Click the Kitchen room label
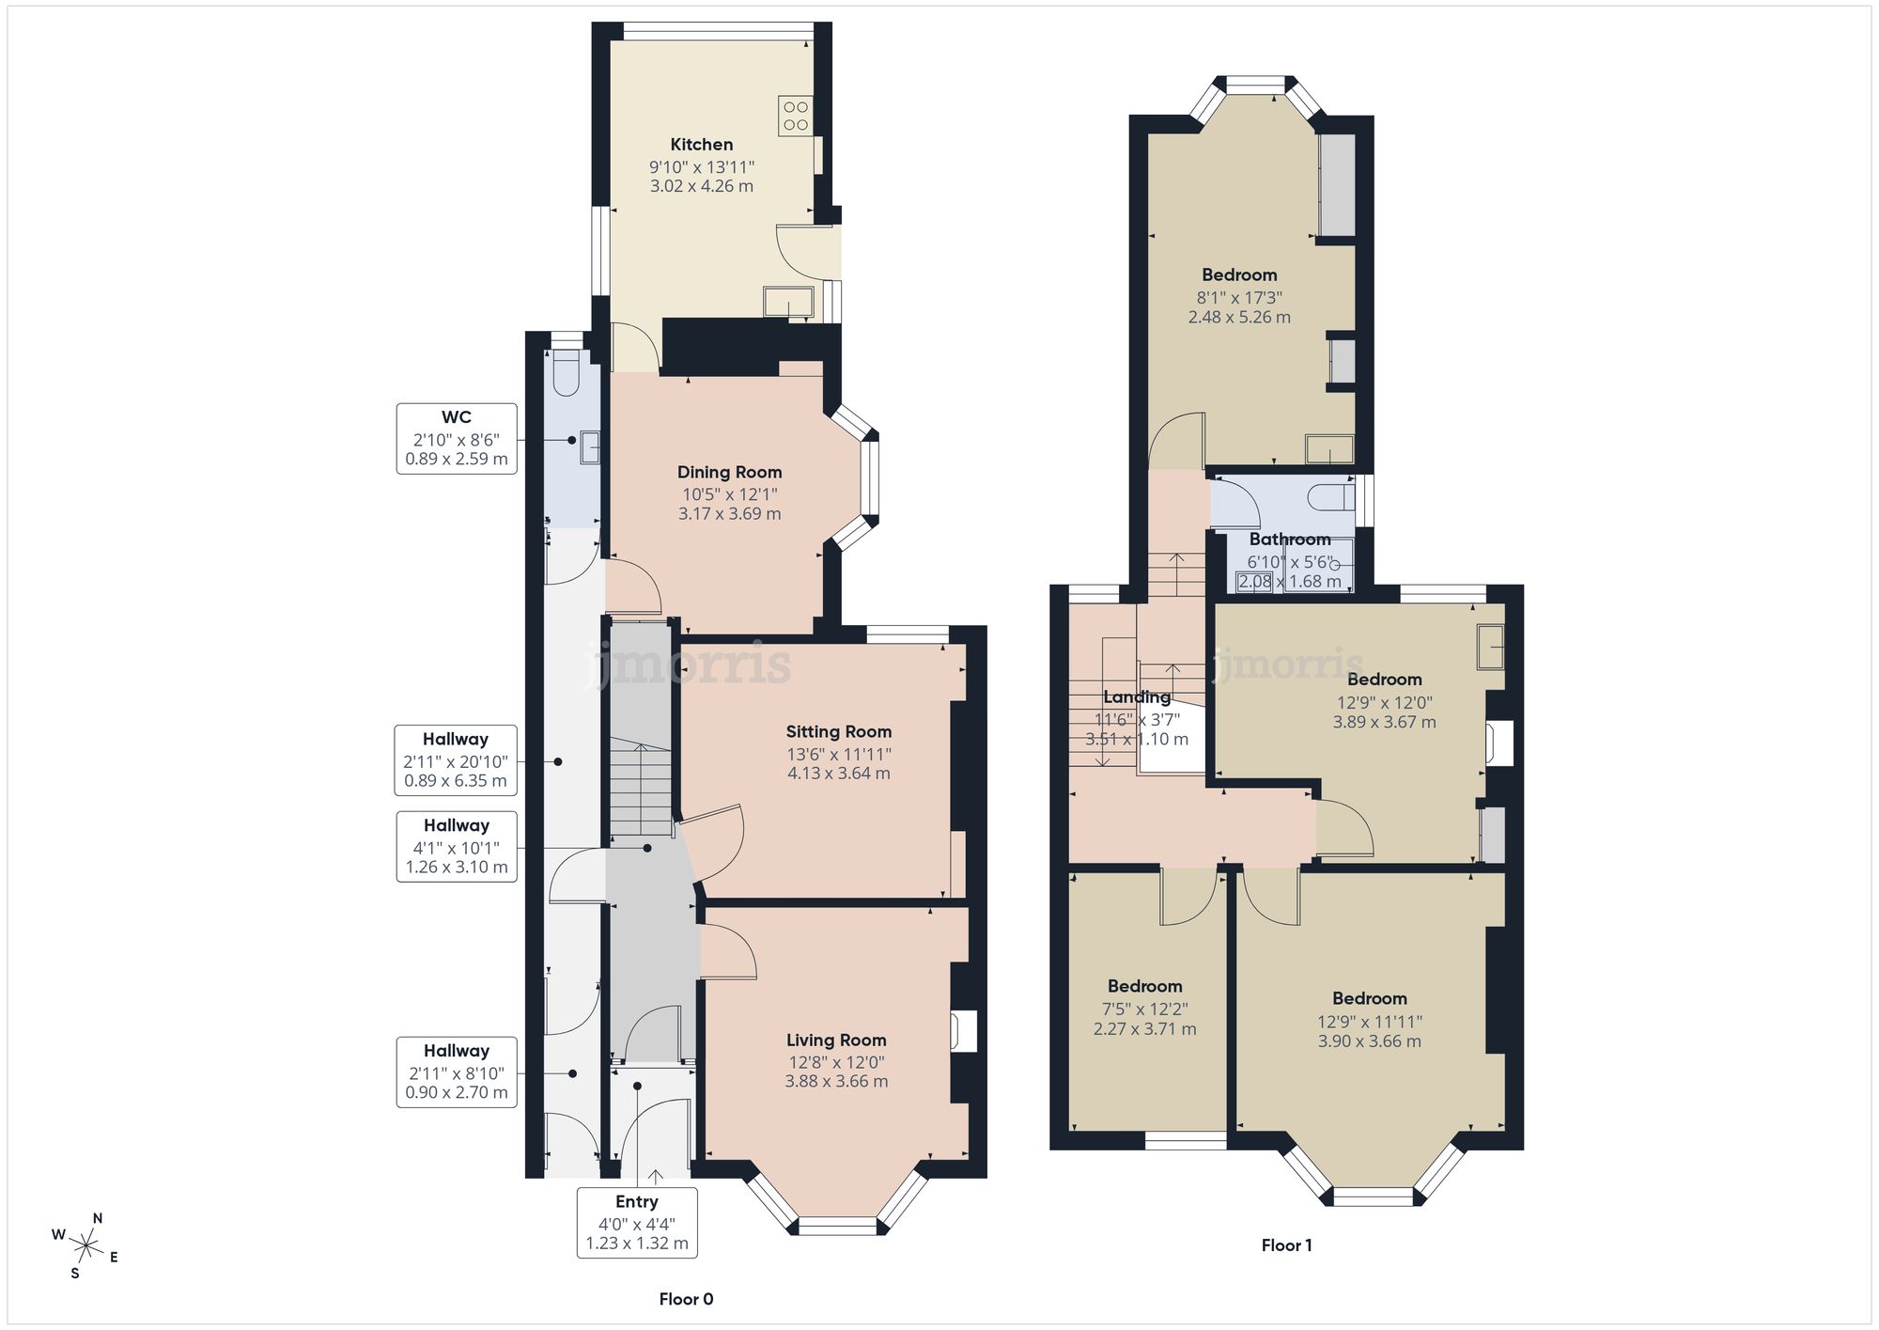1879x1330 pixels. [701, 145]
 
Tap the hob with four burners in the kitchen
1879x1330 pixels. [795, 115]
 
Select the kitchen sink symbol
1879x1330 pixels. [787, 301]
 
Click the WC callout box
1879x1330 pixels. [457, 439]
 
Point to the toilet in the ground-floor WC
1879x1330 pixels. [567, 373]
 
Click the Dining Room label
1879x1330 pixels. [729, 472]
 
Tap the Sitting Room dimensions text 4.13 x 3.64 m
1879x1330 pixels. [838, 774]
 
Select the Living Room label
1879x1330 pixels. [836, 1040]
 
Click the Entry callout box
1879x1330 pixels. [637, 1222]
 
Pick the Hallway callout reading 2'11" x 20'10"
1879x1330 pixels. [456, 759]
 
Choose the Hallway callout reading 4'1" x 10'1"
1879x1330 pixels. [456, 846]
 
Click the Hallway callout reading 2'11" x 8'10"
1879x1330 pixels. [456, 1072]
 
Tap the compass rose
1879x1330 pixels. [85, 1246]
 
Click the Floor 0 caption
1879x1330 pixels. [686, 1299]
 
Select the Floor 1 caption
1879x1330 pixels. [1286, 1245]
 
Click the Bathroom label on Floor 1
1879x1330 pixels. [1289, 540]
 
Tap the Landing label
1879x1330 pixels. [1137, 697]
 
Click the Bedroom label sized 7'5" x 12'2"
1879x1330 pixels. [1144, 986]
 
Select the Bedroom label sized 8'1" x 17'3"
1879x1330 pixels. [1239, 274]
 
